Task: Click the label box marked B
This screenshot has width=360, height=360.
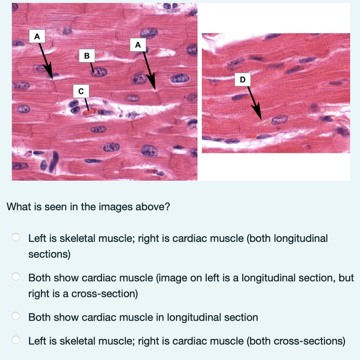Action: click(87, 56)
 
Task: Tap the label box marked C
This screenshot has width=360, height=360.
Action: click(81, 91)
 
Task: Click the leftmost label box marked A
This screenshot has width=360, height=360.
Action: click(37, 36)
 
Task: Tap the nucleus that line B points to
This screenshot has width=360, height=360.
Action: click(99, 72)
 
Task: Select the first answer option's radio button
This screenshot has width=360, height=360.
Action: click(16, 238)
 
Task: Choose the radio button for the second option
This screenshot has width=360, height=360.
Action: click(16, 277)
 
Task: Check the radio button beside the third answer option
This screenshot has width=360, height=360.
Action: click(16, 317)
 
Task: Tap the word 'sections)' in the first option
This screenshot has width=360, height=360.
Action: click(49, 254)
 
